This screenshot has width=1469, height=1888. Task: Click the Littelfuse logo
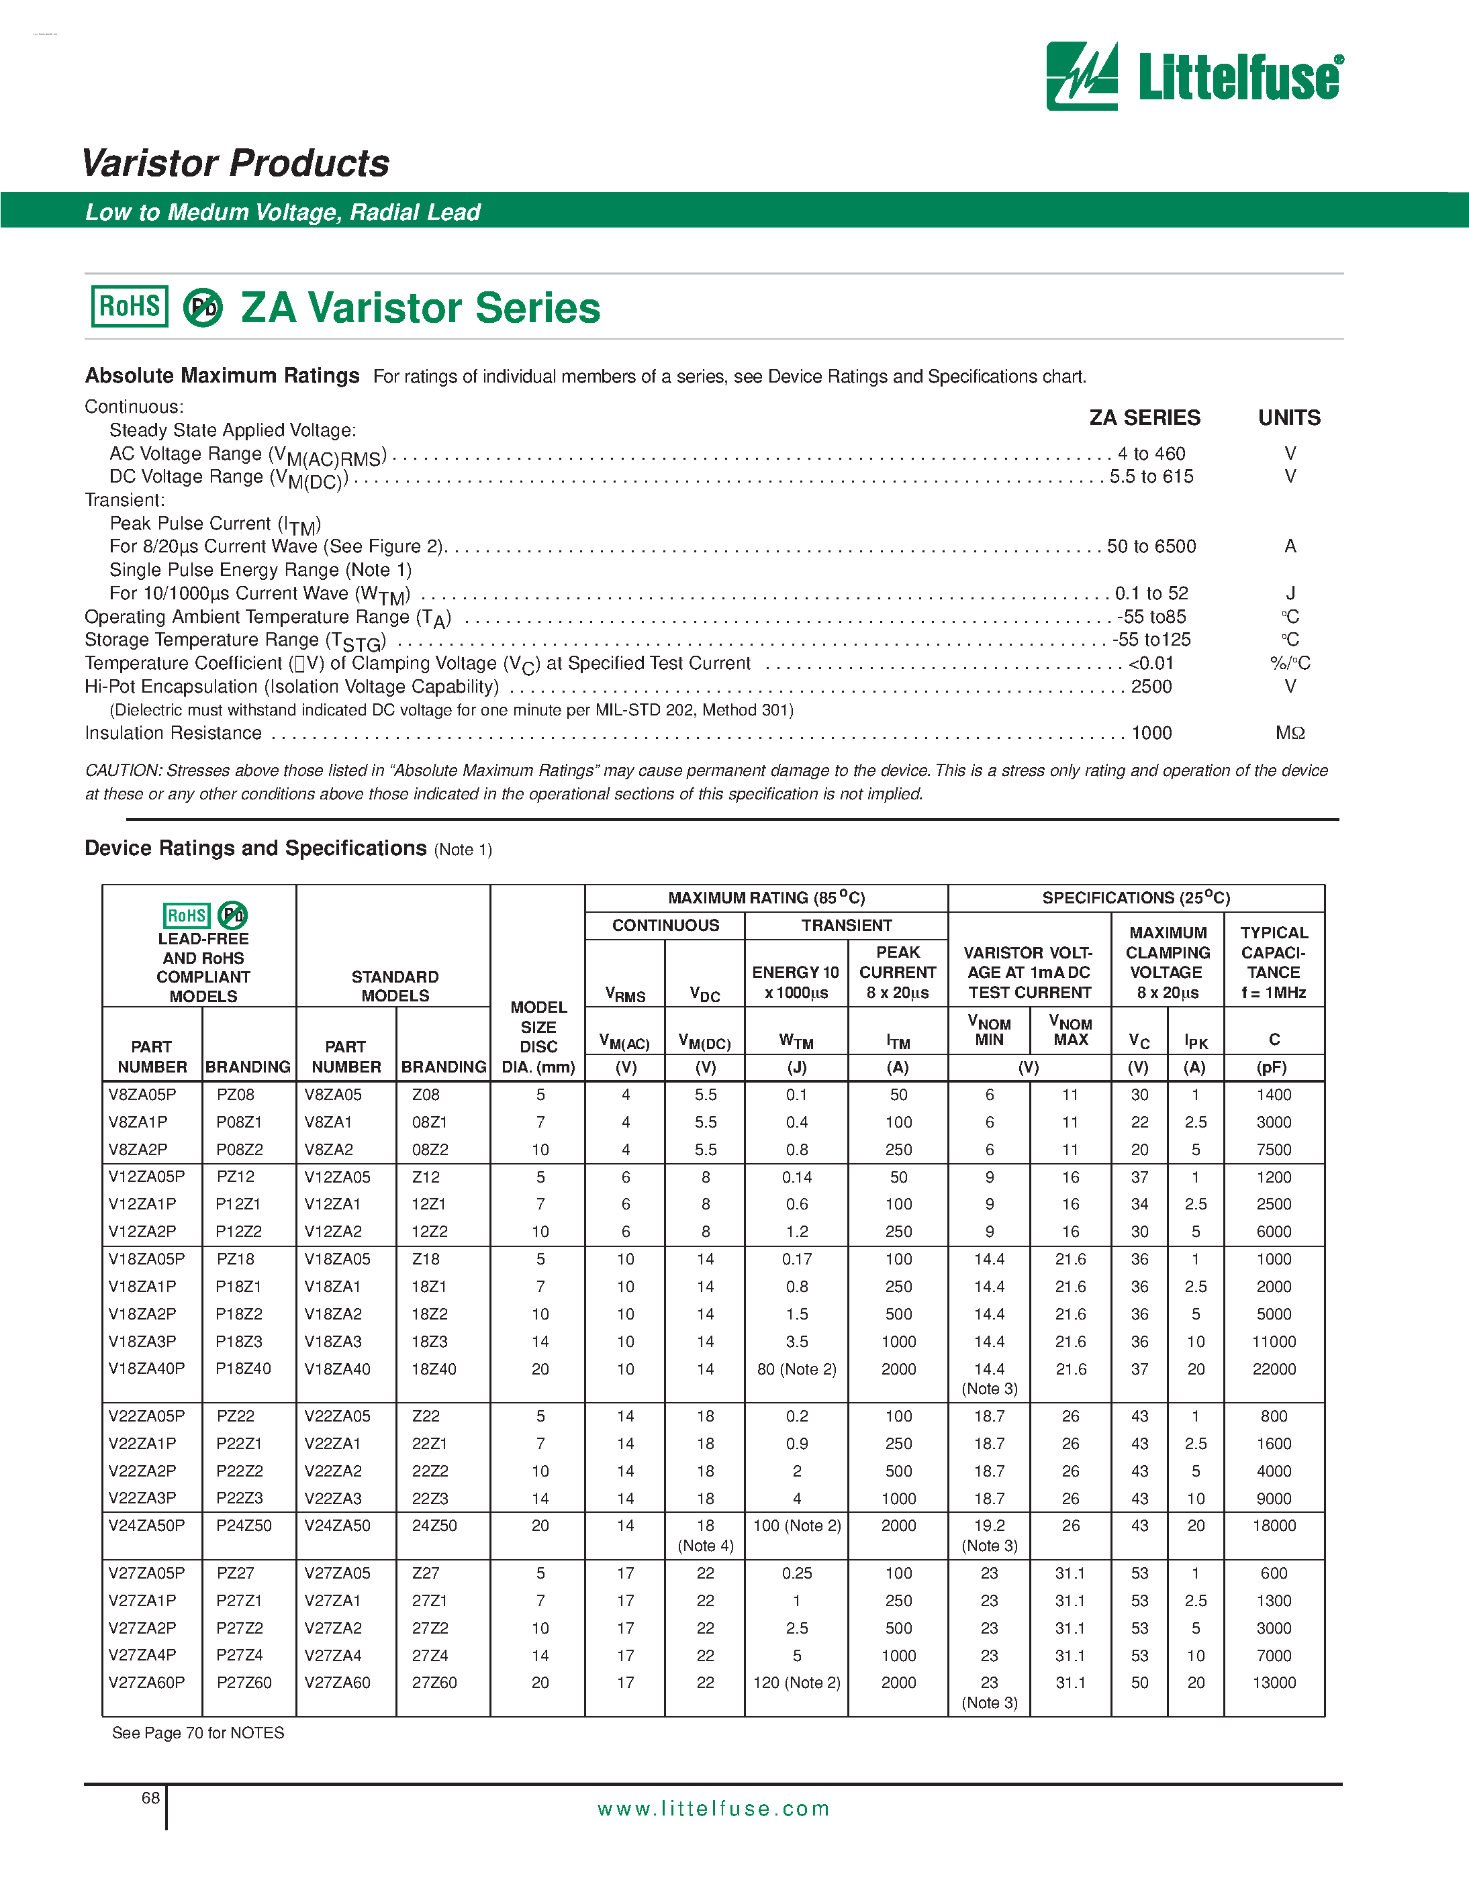(x=1194, y=76)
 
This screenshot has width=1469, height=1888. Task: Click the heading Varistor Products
(x=235, y=162)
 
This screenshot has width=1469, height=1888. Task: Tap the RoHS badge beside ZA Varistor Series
(x=130, y=306)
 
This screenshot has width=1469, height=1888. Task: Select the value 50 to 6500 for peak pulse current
(x=1151, y=546)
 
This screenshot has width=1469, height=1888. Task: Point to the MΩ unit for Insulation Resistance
(x=1289, y=733)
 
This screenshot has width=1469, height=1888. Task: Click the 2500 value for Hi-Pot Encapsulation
(x=1151, y=687)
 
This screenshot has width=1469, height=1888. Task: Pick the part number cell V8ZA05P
(x=142, y=1095)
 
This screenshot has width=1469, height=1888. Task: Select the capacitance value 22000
(x=1274, y=1369)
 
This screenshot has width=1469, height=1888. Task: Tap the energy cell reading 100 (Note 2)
(x=796, y=1525)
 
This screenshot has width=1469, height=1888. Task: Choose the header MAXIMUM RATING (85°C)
(x=766, y=897)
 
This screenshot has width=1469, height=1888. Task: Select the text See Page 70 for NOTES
(x=198, y=1732)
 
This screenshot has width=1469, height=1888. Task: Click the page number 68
(x=150, y=1798)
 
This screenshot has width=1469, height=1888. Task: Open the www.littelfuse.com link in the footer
(x=713, y=1809)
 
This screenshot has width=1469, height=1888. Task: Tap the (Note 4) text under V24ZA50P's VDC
(x=706, y=1545)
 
